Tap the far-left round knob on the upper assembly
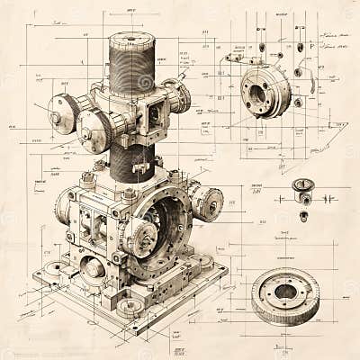pyautogui.click(x=62, y=113)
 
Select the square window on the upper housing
pyautogui.click(x=153, y=114)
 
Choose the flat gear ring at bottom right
pyautogui.click(x=285, y=294)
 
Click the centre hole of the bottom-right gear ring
pyautogui.click(x=286, y=290)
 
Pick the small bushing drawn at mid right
pyautogui.click(x=303, y=188)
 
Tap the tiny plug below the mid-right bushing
pyautogui.click(x=303, y=216)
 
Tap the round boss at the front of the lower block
pyautogui.click(x=93, y=267)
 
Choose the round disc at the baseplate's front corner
pyautogui.click(x=130, y=307)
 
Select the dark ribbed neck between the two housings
pyautogui.click(x=133, y=163)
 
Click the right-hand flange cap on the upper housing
pyautogui.click(x=180, y=94)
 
